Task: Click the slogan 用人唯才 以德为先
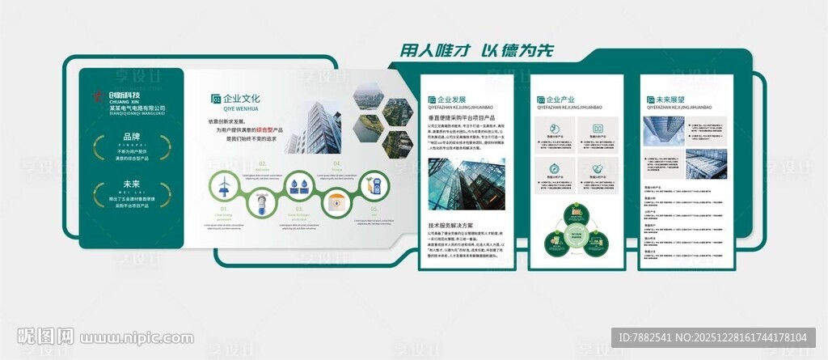[x=478, y=50]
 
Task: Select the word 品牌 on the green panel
[x=131, y=137]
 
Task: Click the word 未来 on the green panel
[x=131, y=184]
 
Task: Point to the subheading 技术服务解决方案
[x=450, y=225]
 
